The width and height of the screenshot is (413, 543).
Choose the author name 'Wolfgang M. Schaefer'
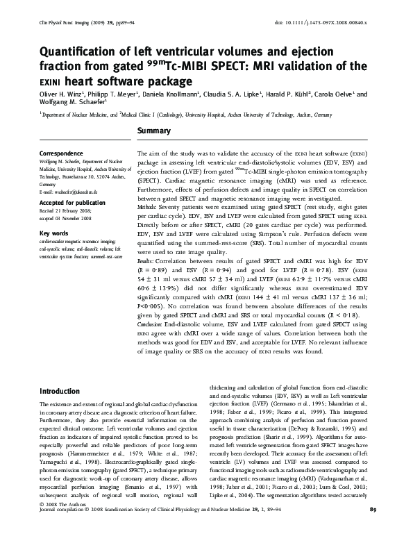pos(74,104)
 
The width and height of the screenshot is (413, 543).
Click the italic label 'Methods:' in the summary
pos(147,208)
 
